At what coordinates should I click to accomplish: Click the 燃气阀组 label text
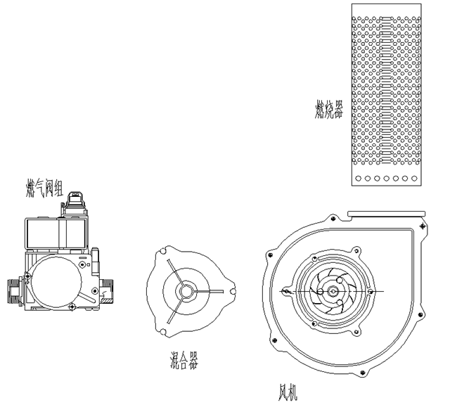44,188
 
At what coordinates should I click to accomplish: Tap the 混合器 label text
184,362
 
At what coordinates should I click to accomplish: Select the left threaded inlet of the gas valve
13,290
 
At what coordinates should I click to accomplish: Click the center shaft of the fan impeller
333,290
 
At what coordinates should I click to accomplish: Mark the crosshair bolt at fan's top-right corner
420,226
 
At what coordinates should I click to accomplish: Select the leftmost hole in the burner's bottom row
359,179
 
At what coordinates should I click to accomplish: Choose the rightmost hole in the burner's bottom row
414,179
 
